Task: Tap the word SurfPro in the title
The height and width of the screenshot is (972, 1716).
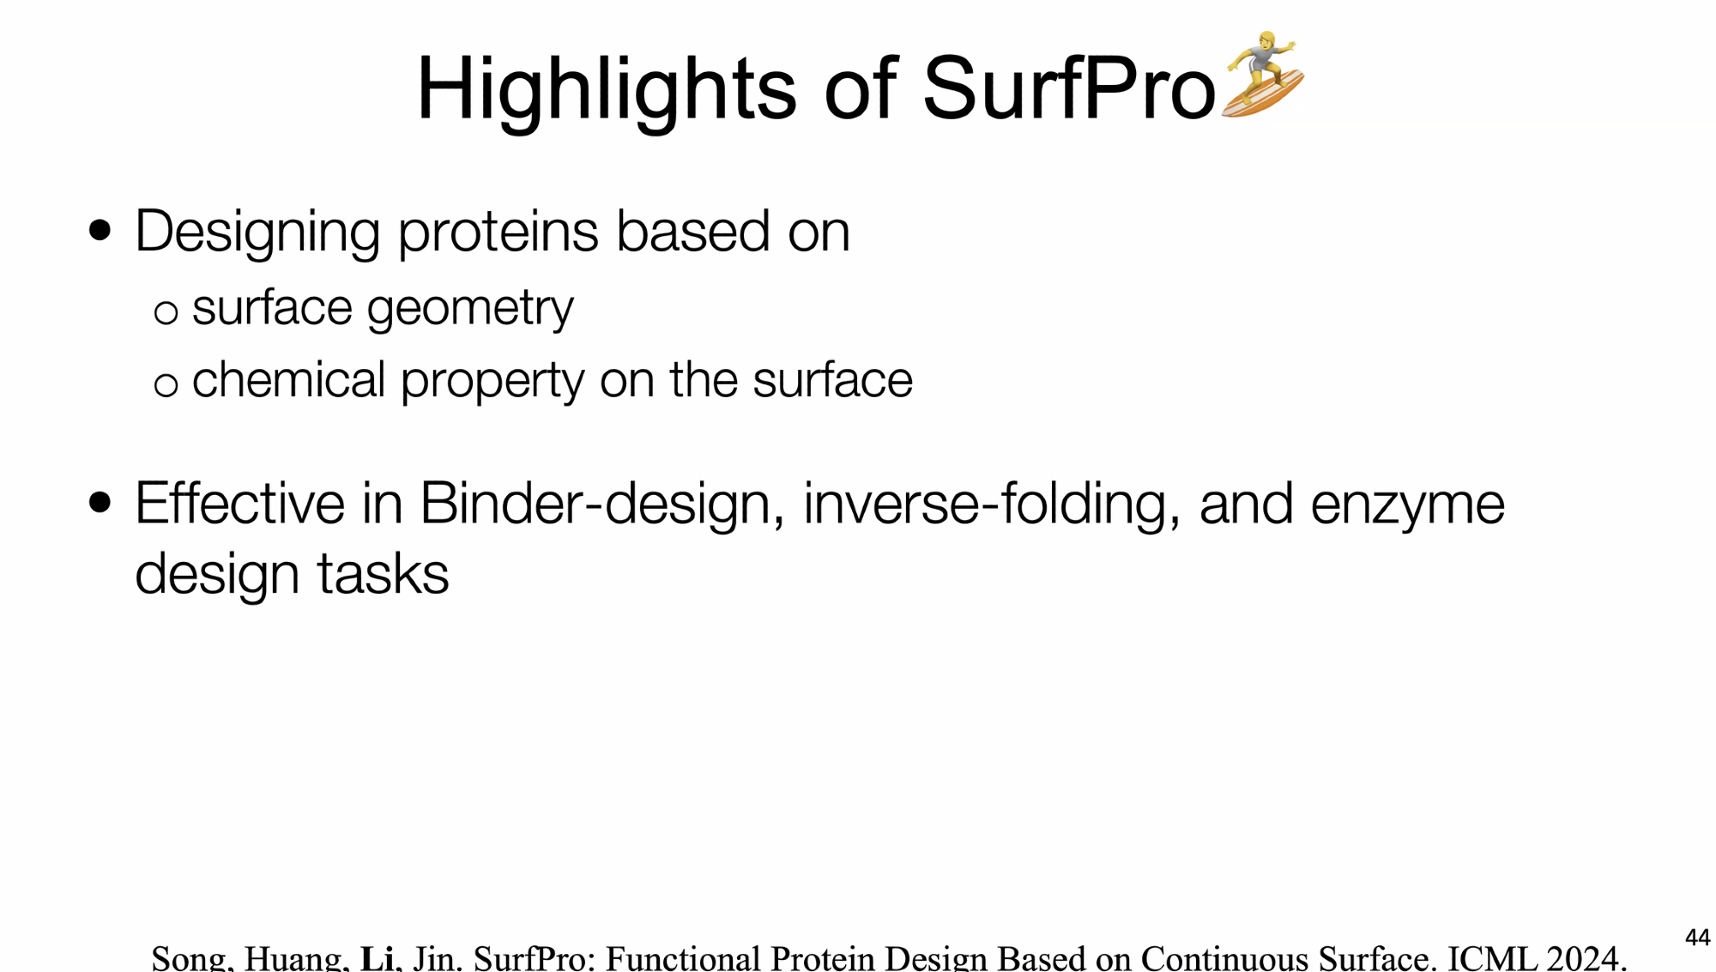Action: click(1069, 88)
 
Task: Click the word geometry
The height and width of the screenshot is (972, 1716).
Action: click(470, 309)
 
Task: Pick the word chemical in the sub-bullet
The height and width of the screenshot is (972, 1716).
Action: click(288, 379)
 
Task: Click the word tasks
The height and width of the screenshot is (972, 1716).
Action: click(383, 575)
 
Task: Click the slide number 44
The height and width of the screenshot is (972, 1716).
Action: click(1697, 938)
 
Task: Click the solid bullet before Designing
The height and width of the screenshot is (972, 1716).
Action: click(100, 231)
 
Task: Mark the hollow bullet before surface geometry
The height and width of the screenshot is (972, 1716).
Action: click(166, 312)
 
